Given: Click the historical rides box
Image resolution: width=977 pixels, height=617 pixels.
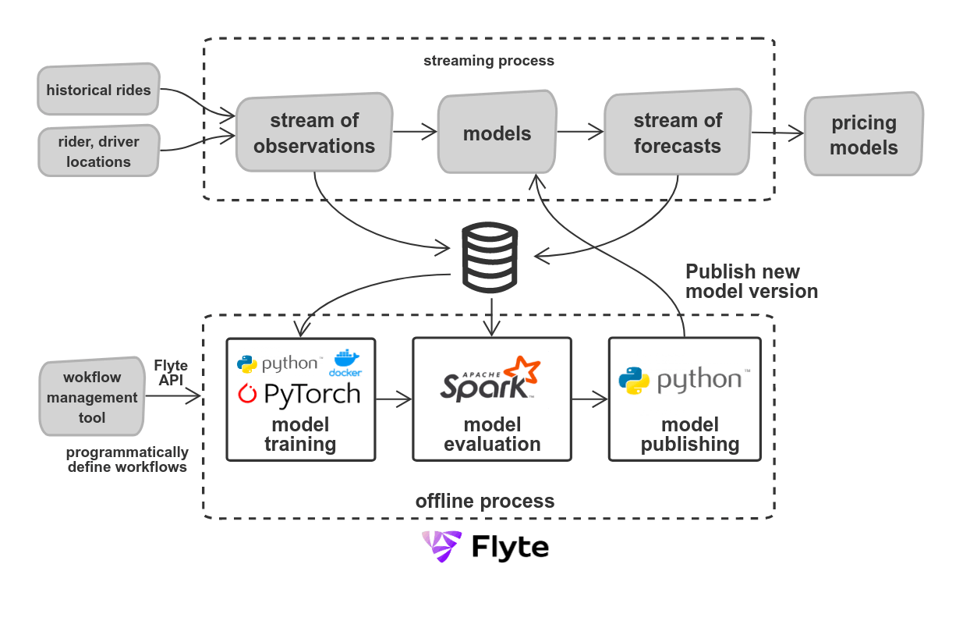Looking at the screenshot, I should click(x=97, y=90).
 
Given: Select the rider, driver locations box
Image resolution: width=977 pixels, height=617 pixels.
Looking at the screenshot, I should click(x=98, y=152).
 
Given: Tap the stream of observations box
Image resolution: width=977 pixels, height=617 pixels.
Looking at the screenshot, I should click(x=313, y=133).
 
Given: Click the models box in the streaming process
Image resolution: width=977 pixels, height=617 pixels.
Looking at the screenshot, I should click(x=497, y=133).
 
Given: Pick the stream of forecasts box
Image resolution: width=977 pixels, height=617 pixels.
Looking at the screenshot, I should click(x=677, y=133).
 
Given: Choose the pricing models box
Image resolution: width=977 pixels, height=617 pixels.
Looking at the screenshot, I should click(x=863, y=135).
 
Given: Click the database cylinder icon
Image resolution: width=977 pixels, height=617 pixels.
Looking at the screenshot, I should click(x=490, y=255).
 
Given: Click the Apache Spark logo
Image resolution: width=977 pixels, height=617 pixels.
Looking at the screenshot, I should click(x=491, y=380).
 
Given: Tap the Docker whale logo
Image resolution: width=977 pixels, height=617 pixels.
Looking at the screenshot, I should click(x=346, y=363).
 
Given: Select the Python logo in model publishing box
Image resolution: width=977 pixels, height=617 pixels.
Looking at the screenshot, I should click(x=634, y=380).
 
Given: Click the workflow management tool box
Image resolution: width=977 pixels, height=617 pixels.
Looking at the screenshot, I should click(x=92, y=398).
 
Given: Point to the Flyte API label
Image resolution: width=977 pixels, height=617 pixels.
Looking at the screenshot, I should click(x=170, y=373).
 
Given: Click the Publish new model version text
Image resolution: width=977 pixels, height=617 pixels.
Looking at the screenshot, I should click(x=751, y=282).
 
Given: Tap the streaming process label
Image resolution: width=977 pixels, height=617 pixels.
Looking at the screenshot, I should click(x=489, y=61).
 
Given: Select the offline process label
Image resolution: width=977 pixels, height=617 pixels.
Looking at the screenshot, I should click(x=484, y=501).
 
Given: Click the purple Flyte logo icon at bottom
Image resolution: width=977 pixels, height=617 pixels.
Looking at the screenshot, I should click(x=441, y=547).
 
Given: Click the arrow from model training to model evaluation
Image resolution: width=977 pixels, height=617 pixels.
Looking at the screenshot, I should click(x=394, y=400).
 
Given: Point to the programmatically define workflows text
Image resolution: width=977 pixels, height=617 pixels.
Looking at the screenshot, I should click(x=127, y=460).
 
